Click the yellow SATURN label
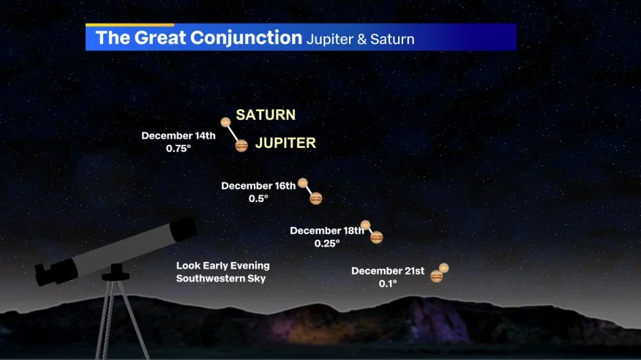click(x=266, y=115)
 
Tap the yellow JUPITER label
click(x=285, y=143)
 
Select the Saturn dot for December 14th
click(x=225, y=121)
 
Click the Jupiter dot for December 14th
click(x=241, y=146)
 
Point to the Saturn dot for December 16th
click(x=303, y=183)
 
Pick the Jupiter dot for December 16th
click(x=316, y=198)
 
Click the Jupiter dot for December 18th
click(x=377, y=237)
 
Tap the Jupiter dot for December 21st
click(x=437, y=277)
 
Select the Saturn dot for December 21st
click(x=444, y=268)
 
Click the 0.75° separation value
click(x=179, y=149)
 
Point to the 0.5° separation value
click(x=258, y=198)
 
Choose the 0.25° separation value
click(x=327, y=244)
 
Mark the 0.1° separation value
click(x=388, y=284)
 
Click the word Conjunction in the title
click(x=246, y=37)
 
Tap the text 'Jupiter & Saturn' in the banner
click(x=360, y=40)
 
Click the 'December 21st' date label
click(x=388, y=271)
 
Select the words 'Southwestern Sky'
click(x=221, y=279)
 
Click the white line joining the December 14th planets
click(x=233, y=133)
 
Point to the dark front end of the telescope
click(x=184, y=229)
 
